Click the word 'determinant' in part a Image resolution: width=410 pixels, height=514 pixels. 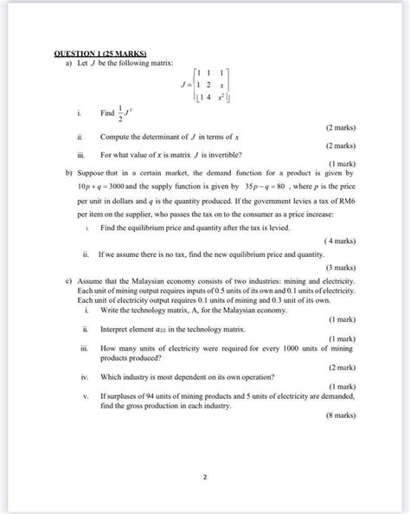click(162, 137)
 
